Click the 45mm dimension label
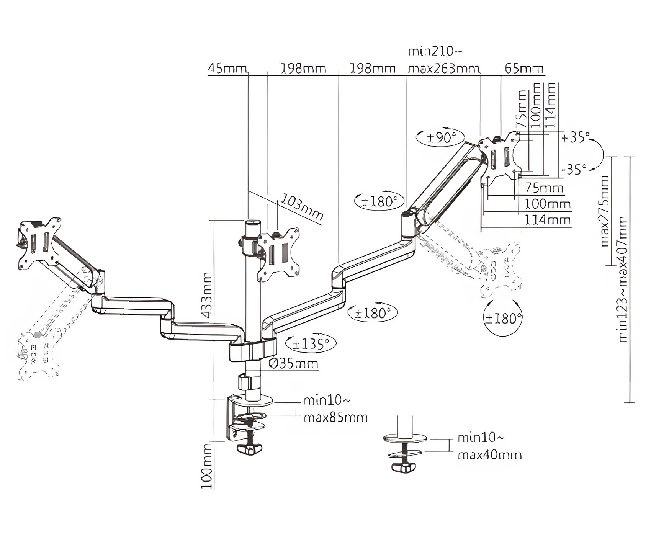coord(227,69)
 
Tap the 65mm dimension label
coord(524,69)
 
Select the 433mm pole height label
coord(207,295)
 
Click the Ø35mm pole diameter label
coord(293,363)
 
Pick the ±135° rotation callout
coord(311,344)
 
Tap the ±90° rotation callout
coord(440,137)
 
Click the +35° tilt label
coord(576,137)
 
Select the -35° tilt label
coord(574,168)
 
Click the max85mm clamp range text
coord(335,417)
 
